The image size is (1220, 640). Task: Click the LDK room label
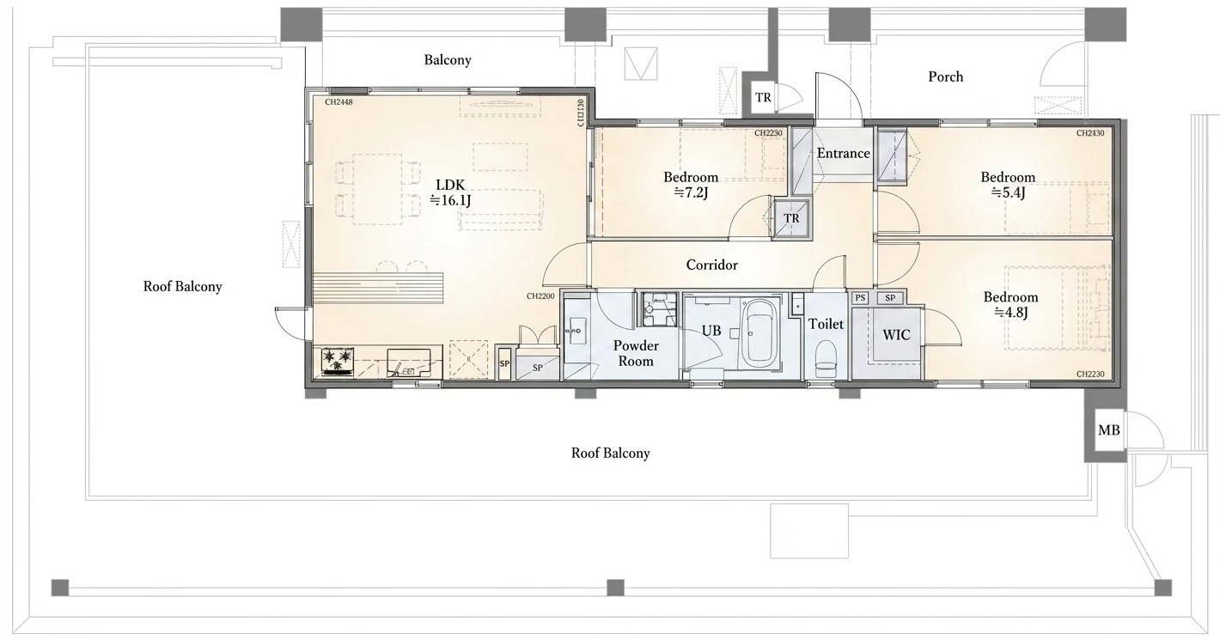tap(450, 186)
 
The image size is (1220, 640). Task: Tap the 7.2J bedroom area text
tap(690, 192)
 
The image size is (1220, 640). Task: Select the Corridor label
tap(712, 265)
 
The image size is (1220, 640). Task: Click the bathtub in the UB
tap(759, 333)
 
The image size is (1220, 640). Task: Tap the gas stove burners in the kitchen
tap(337, 361)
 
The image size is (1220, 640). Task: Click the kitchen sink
tap(408, 363)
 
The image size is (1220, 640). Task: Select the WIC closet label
tap(896, 334)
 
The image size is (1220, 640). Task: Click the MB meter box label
tap(1108, 430)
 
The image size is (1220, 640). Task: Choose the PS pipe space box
tap(860, 298)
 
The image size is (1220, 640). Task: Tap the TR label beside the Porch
tap(763, 97)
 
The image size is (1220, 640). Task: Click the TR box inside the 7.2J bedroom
tap(791, 218)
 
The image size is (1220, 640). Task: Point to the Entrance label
tap(843, 154)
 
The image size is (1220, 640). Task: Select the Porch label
tap(945, 76)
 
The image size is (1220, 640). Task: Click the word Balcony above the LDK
tap(448, 60)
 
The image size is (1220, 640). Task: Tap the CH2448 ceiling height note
tap(339, 102)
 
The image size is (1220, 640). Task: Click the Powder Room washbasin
tap(575, 331)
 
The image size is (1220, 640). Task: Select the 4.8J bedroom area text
tap(1011, 313)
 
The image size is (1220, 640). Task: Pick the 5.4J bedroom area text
tap(1008, 192)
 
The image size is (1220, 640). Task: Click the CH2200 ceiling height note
tap(540, 296)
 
